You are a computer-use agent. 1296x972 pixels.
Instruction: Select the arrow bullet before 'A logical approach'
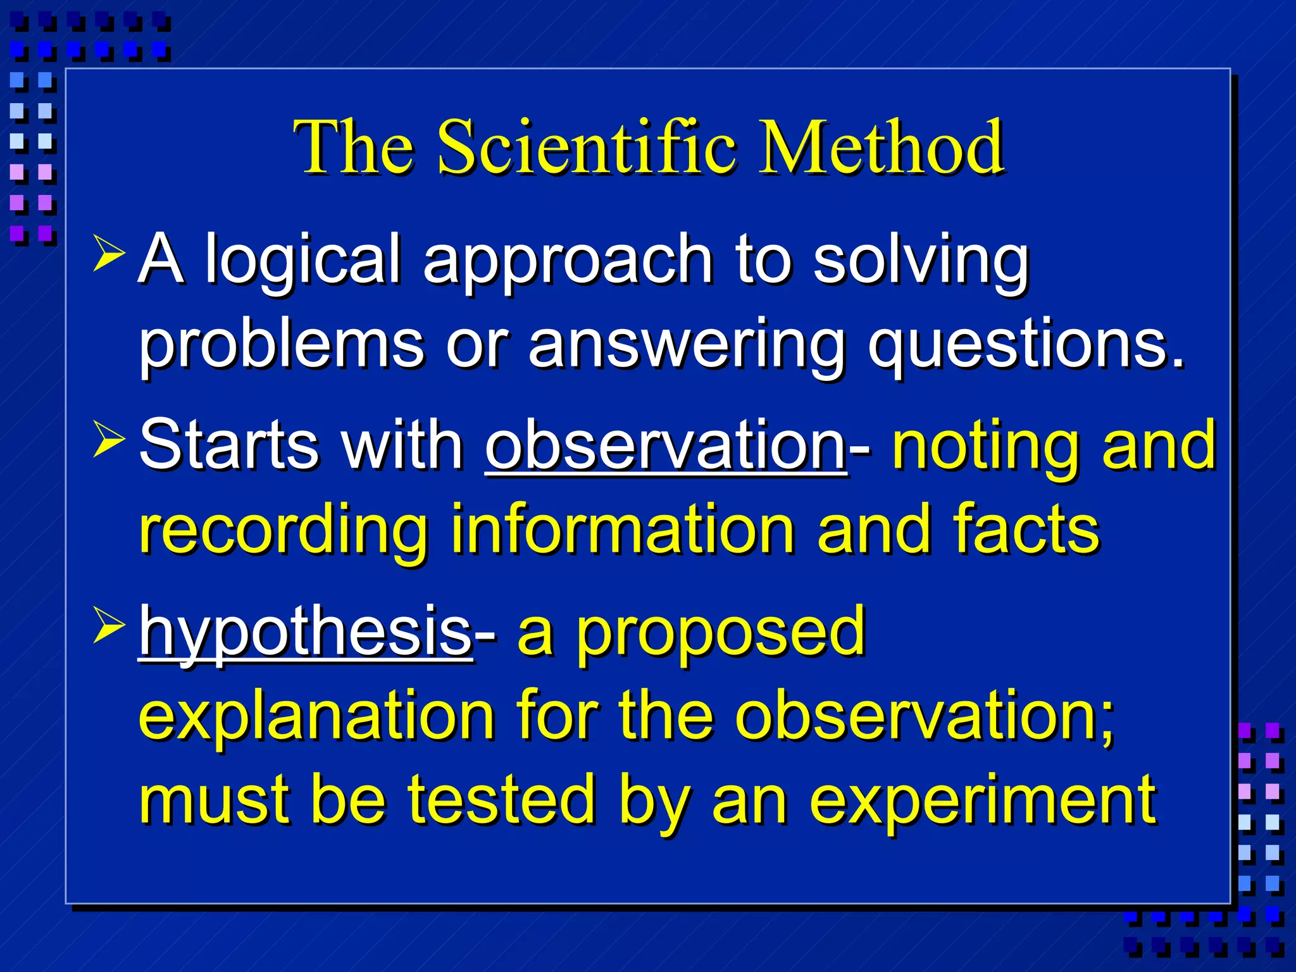[x=108, y=253]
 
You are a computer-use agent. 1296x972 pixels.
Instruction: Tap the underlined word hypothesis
[x=306, y=632]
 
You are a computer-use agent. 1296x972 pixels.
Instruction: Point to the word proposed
[x=721, y=632]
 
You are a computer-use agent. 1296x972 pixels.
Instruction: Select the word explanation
[x=316, y=718]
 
